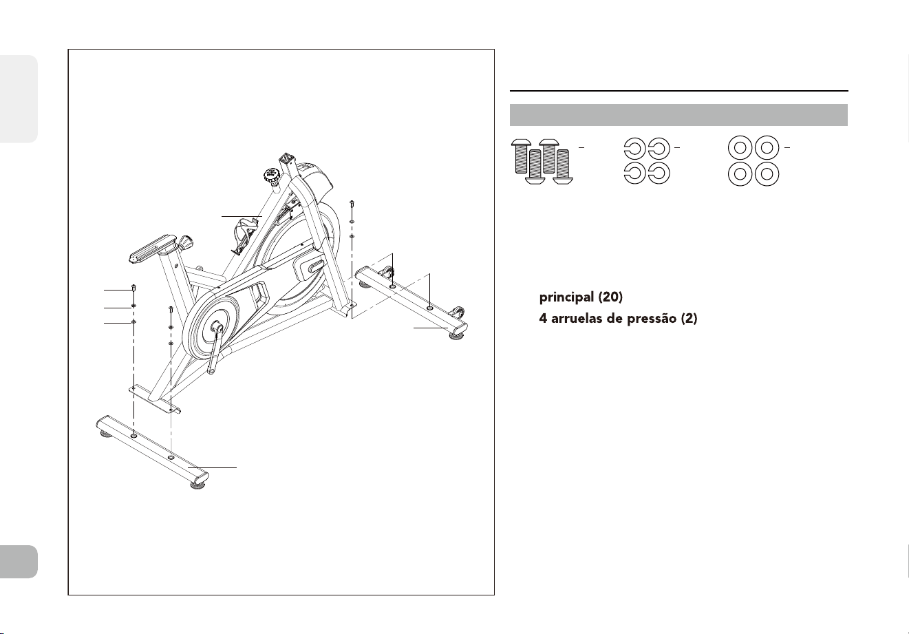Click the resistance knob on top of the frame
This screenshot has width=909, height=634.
272,176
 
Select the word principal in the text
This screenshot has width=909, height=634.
566,297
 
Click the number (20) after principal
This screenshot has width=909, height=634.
610,297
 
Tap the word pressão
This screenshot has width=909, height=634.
652,319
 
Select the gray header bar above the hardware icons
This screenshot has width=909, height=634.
678,115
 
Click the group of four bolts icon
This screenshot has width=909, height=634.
542,162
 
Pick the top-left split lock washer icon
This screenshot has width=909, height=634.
634,148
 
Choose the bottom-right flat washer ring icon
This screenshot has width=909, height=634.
767,174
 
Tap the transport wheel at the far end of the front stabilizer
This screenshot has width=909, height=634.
458,312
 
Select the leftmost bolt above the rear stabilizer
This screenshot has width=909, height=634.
133,288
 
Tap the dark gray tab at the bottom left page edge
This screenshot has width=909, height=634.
19,561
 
